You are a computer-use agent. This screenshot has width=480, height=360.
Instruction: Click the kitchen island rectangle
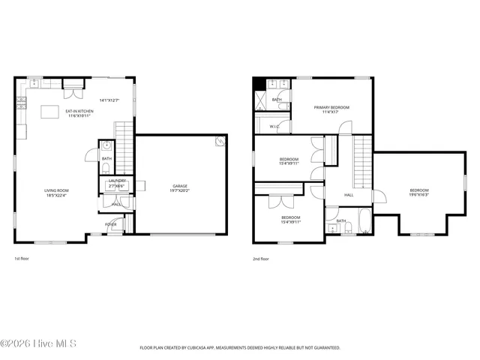pos(50,112)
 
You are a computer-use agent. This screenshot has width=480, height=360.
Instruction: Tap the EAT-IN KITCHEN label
pos(80,111)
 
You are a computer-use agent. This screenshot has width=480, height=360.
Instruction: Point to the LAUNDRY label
pos(117,181)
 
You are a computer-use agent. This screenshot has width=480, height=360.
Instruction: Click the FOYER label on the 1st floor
pos(110,224)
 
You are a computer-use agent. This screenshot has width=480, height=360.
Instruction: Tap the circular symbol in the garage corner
pos(219,140)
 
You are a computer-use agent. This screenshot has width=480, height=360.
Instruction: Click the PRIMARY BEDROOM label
pos(331,108)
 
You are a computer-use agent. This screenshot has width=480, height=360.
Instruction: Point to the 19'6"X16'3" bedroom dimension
pos(418,194)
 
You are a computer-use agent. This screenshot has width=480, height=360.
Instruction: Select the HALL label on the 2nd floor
pos(349,195)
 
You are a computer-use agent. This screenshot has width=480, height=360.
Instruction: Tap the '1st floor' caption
pos(22,259)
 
